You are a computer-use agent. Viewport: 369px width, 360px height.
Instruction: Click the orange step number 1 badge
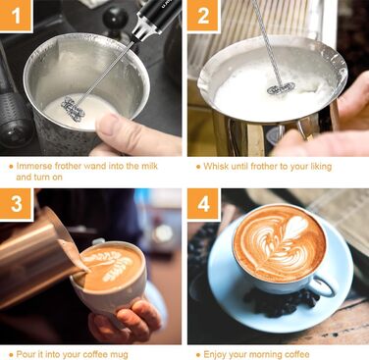pyautogui.click(x=16, y=16)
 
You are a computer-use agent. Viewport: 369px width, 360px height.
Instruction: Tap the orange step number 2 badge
pyautogui.click(x=203, y=16)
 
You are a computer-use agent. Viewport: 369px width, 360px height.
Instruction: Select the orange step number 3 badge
pyautogui.click(x=17, y=204)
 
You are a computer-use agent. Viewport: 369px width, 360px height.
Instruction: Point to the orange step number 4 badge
pyautogui.click(x=203, y=204)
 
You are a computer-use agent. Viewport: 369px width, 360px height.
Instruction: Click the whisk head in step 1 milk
pyautogui.click(x=73, y=109)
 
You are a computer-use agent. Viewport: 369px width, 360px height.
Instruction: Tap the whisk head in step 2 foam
pyautogui.click(x=281, y=88)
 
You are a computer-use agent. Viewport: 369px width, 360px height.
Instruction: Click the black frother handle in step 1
pyautogui.click(x=157, y=18)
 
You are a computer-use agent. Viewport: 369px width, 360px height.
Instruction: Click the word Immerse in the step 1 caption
pyautogui.click(x=34, y=166)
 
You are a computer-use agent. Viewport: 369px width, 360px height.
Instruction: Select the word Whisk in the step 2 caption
pyautogui.click(x=216, y=166)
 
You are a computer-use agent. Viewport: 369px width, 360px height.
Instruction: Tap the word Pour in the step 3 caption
pyautogui.click(x=26, y=354)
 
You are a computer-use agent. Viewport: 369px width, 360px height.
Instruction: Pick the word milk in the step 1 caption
pyautogui.click(x=149, y=166)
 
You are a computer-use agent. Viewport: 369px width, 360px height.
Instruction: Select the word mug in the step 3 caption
pyautogui.click(x=120, y=355)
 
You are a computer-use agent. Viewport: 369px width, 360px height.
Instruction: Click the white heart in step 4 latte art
pyautogui.click(x=296, y=227)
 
